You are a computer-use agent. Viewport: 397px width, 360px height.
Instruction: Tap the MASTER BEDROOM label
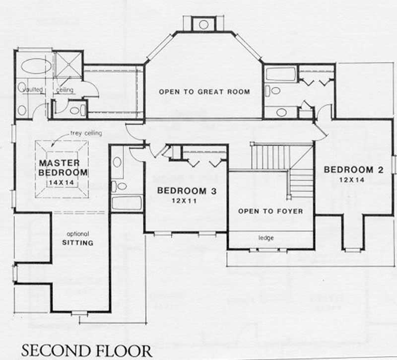point(63,168)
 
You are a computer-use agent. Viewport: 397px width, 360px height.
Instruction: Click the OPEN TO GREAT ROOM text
point(204,92)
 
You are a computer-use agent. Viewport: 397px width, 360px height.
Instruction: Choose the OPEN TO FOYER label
point(270,211)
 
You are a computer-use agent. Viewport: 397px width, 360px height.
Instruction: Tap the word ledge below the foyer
point(266,238)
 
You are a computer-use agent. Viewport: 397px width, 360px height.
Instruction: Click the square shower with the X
point(67,64)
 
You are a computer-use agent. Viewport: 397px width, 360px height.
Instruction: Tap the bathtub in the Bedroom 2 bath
point(281,74)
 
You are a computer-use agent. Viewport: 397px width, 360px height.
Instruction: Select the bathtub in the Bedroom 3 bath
point(127,203)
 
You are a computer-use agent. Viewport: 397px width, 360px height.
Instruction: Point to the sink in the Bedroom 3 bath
point(117,162)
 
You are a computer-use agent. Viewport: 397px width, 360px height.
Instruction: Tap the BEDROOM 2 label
point(353,170)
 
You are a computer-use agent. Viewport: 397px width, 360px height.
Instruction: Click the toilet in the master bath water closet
point(76,110)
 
